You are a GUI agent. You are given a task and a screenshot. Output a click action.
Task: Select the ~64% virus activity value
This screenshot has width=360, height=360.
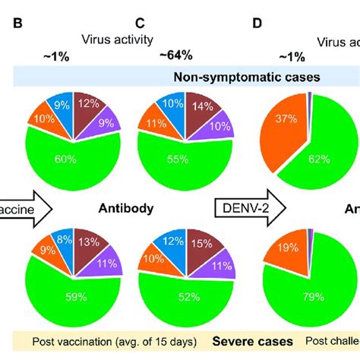tap(175, 55)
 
